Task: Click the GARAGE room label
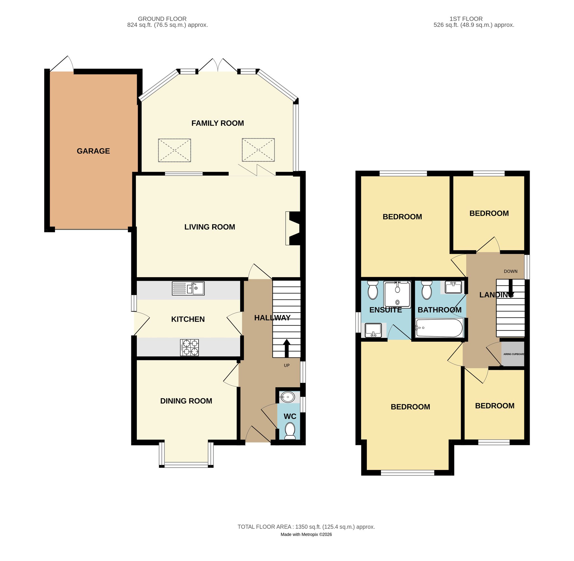pos(93,151)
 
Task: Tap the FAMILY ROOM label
pos(217,123)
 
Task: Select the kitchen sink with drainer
pos(188,288)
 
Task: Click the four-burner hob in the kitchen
pos(189,347)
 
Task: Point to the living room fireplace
pos(293,228)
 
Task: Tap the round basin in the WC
pos(288,397)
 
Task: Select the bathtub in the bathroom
pos(438,328)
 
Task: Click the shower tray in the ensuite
pos(397,295)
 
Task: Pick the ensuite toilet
pos(373,290)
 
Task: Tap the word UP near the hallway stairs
pos(287,365)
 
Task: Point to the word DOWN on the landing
pos(511,271)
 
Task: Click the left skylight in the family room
pos(174,150)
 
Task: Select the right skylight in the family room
pos(258,150)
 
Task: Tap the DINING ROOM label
pos(186,401)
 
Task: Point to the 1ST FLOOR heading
pos(466,19)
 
